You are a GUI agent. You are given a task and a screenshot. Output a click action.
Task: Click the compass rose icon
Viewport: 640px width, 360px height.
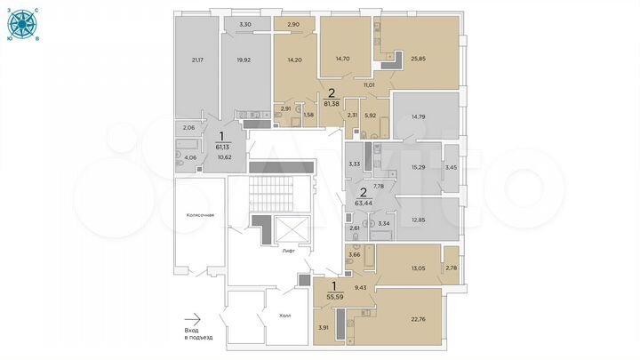[16, 27]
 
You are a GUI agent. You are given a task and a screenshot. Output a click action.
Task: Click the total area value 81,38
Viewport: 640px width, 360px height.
[332, 103]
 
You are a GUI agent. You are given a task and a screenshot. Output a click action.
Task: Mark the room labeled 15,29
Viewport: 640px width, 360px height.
[417, 166]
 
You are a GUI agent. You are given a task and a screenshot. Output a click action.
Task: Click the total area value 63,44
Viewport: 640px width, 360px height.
[363, 202]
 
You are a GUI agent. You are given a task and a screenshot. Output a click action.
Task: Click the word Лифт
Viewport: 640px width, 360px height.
[288, 252]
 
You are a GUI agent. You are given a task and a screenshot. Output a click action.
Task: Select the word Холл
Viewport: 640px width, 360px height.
[284, 316]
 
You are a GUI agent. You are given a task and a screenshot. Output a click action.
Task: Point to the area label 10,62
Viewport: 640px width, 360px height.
[225, 157]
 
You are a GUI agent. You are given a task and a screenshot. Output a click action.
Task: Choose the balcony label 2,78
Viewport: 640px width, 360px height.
[451, 268]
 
